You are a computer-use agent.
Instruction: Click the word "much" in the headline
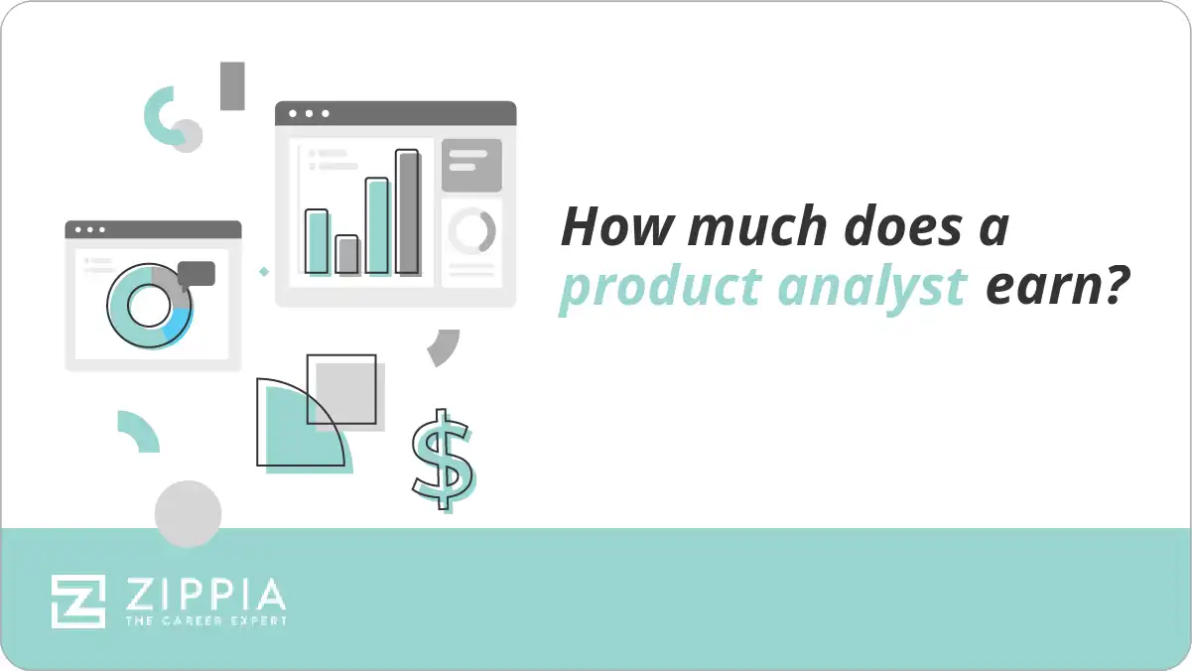pyautogui.click(x=743, y=227)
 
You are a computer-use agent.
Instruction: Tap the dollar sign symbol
pyautogui.click(x=442, y=459)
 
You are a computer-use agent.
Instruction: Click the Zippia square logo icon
pyautogui.click(x=78, y=601)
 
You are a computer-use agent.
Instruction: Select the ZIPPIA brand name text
pyautogui.click(x=204, y=596)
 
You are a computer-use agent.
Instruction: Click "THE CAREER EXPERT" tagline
pyautogui.click(x=204, y=621)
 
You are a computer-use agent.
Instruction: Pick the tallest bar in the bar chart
pyautogui.click(x=407, y=210)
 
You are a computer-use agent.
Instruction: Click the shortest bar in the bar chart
pyautogui.click(x=346, y=254)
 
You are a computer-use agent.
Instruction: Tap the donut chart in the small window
pyautogui.click(x=149, y=307)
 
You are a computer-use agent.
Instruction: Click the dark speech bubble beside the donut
pyautogui.click(x=197, y=274)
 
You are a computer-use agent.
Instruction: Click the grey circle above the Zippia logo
pyautogui.click(x=188, y=514)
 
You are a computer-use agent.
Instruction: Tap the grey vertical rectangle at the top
pyautogui.click(x=232, y=85)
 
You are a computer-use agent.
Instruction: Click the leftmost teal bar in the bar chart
pyautogui.click(x=317, y=240)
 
